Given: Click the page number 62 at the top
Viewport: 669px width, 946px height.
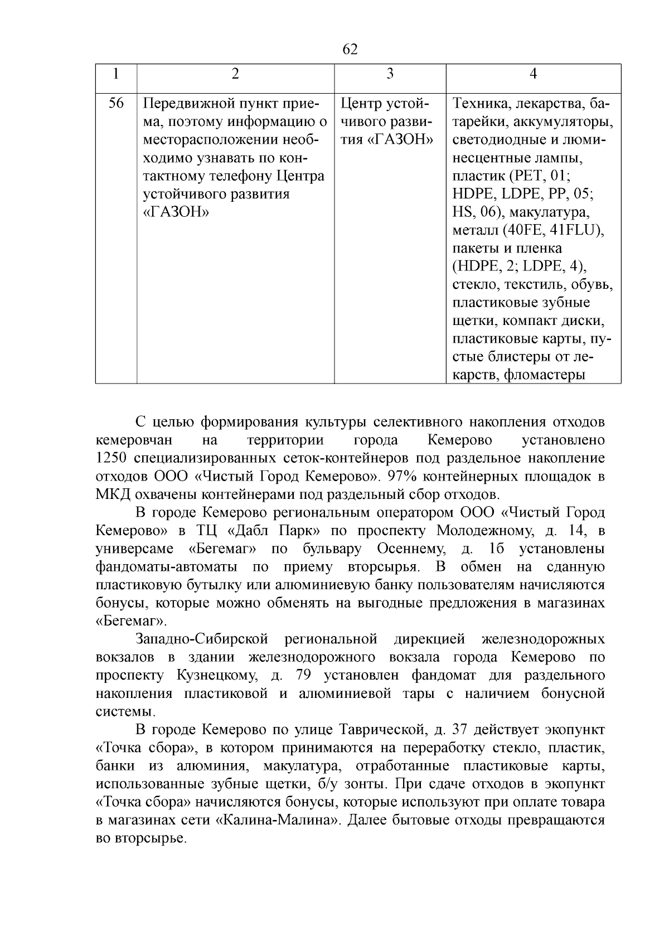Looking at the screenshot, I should (x=349, y=50).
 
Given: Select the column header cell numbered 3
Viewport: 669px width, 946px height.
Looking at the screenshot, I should (x=390, y=74).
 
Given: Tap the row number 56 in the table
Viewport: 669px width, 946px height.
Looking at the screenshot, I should (x=116, y=104).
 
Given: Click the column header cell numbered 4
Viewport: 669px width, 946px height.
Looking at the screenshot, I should (x=533, y=74).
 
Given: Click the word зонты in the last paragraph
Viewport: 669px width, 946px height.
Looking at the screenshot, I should (x=362, y=784).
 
